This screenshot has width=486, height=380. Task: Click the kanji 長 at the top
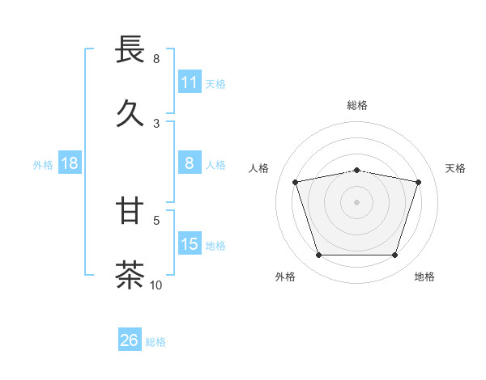[x=130, y=50]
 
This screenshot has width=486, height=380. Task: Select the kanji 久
[x=130, y=114]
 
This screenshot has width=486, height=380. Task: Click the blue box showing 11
[x=189, y=82]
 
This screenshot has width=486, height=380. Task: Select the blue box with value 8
[x=189, y=163]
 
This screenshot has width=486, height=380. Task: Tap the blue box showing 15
[x=189, y=244]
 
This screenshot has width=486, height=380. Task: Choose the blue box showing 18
[x=70, y=163]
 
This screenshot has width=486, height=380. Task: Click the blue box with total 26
[x=130, y=340]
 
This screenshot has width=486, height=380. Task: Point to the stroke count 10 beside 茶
[x=156, y=285]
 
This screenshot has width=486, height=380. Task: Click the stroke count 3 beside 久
[x=156, y=123]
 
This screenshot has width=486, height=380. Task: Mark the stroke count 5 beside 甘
[x=156, y=219]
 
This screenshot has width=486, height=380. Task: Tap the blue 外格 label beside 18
[x=43, y=164]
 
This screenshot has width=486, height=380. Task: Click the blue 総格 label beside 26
[x=156, y=341]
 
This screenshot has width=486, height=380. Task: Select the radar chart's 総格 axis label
[x=357, y=105]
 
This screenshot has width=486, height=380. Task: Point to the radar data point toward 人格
[x=296, y=182]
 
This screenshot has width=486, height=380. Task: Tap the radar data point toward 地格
[x=394, y=255]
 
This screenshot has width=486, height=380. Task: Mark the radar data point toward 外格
[x=318, y=255]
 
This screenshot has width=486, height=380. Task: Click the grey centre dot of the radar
[x=356, y=202]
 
